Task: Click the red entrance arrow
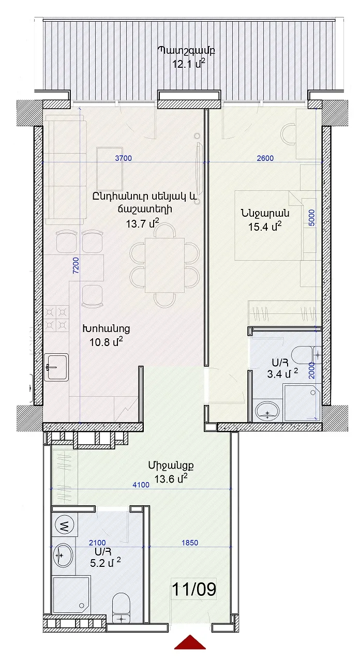pos(190,650)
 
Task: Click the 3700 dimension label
pos(123,158)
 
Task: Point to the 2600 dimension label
pos(265,158)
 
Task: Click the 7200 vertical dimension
pos(76,265)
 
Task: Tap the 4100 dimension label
pos(141,485)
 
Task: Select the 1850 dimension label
pos(190,543)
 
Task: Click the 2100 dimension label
pos(97,543)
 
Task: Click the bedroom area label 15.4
pos(265,227)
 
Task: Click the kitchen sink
pos(56,367)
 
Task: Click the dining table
pos(164,265)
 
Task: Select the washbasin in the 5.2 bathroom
pos(63,555)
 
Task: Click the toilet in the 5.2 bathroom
pos(121,608)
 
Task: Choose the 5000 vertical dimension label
pos(311,218)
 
